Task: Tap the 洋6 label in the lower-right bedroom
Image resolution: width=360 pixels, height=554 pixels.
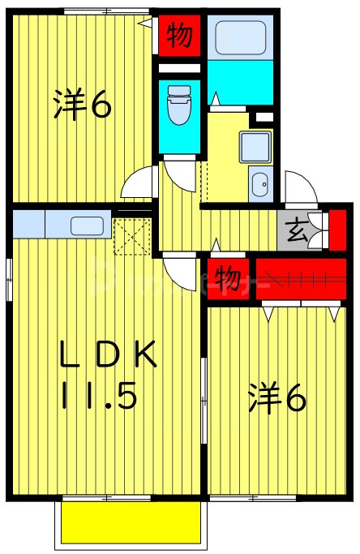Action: (276, 398)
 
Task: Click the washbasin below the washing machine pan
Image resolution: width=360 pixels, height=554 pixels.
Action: (260, 185)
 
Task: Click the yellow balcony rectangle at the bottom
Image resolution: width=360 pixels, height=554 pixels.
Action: (131, 522)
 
